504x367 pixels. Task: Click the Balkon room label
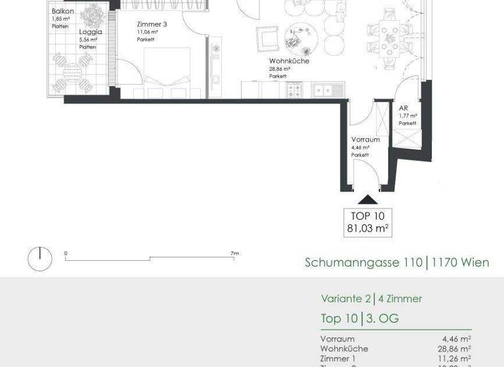pos(63,12)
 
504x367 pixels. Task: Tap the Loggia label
pos(90,31)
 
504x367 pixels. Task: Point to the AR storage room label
pos(403,108)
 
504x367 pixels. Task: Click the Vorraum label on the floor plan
pos(366,140)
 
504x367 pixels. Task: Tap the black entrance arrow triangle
pos(367,201)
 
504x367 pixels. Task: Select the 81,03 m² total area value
pos(368,229)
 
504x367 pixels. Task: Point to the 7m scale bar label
pos(235,253)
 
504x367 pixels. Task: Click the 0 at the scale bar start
pos(66,253)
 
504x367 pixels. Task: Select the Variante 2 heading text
pos(345,299)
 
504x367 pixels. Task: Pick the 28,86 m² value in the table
pos(455,349)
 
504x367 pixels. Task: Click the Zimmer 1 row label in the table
pos(339,358)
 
